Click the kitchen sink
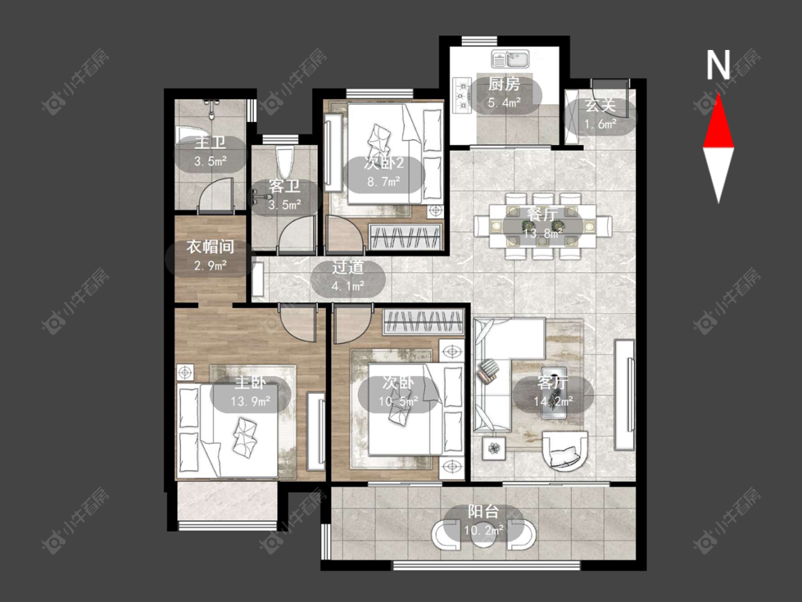[x=510, y=59]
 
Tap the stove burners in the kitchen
[x=462, y=95]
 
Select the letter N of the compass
[x=718, y=64]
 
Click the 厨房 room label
[x=504, y=84]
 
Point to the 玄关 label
[x=600, y=106]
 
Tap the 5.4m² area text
[x=504, y=103]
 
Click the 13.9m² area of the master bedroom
[x=250, y=402]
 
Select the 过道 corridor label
[x=348, y=267]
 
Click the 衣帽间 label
[x=210, y=248]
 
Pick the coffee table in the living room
[x=554, y=392]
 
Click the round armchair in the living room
[x=565, y=449]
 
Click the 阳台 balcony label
[x=483, y=511]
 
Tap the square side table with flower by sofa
[x=494, y=449]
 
